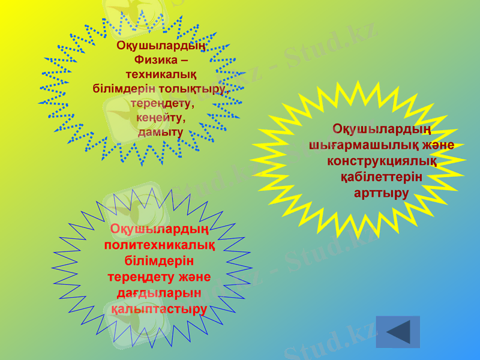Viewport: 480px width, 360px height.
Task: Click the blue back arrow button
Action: [397, 332]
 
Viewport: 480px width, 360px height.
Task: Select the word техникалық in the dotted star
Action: [160, 74]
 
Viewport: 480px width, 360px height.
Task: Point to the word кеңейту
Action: [161, 118]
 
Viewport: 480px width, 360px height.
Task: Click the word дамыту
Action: [160, 132]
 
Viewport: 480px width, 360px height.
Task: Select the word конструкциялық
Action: [382, 161]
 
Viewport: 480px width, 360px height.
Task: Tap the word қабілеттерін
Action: [381, 177]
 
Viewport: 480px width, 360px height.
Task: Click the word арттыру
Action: [382, 193]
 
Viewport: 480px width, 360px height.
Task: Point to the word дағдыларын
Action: [159, 293]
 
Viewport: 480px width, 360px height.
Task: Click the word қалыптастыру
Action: [159, 309]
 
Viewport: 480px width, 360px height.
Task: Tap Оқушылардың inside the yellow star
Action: [382, 130]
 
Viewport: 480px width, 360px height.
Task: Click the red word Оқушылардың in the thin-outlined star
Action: [160, 230]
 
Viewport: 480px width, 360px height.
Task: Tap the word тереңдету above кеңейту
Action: [162, 103]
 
